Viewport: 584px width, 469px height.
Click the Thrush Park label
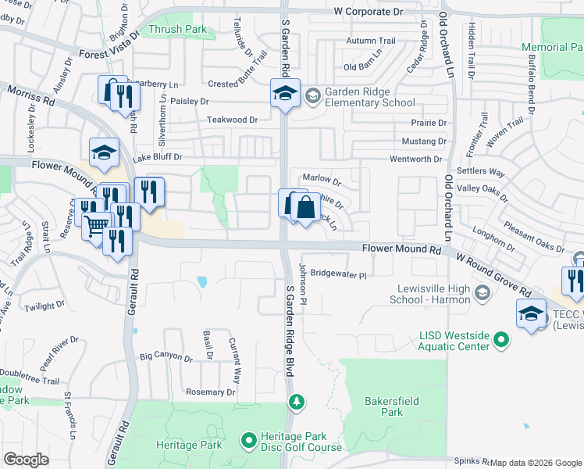coord(177,30)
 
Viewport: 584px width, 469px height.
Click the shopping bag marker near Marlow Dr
coord(305,209)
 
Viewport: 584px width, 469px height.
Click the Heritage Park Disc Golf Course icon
coord(249,442)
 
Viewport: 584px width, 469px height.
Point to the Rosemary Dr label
coord(209,392)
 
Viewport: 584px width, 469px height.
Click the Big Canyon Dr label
coord(166,357)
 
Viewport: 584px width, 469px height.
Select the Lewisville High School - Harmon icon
coord(482,293)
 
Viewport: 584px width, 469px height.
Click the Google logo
coord(26,460)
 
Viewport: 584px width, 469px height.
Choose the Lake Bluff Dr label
coord(157,157)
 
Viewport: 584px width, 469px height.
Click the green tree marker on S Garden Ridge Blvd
coord(296,402)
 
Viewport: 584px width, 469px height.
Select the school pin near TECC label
coord(531,314)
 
